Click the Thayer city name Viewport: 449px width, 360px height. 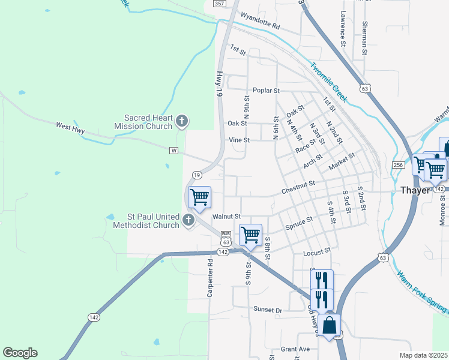point(415,190)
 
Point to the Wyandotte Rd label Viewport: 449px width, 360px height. point(260,22)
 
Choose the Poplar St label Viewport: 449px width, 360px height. point(266,91)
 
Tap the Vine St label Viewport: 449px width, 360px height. point(239,140)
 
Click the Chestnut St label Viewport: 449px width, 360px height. point(298,187)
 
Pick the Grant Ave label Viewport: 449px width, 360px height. point(295,349)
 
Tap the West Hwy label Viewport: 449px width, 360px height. point(70,127)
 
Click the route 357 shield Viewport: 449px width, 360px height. point(219,4)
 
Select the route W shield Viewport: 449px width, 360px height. point(174,150)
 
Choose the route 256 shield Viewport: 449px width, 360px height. point(398,165)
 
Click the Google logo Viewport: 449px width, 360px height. point(20,353)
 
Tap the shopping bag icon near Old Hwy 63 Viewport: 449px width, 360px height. point(330,325)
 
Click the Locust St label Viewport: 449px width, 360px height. point(318,251)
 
